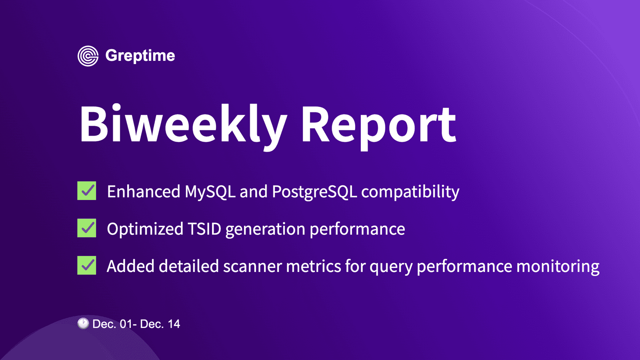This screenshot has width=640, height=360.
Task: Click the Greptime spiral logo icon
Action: [x=88, y=56]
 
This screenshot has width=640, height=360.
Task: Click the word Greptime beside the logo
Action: [x=140, y=56]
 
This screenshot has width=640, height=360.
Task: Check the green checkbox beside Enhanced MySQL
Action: [x=87, y=191]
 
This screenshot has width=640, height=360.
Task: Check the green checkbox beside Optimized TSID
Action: [x=87, y=228]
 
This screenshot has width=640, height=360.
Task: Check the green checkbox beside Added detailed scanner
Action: [x=87, y=265]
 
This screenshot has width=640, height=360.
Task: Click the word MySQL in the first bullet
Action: [x=210, y=192]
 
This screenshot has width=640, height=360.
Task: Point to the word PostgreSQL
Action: [x=314, y=192]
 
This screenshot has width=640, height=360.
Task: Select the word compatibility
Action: [x=410, y=192]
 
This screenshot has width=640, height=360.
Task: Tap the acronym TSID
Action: [x=204, y=229]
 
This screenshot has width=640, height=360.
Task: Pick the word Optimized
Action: [x=145, y=229]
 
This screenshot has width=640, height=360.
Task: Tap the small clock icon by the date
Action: [x=83, y=323]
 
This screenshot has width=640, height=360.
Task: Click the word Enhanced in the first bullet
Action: [x=143, y=192]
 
